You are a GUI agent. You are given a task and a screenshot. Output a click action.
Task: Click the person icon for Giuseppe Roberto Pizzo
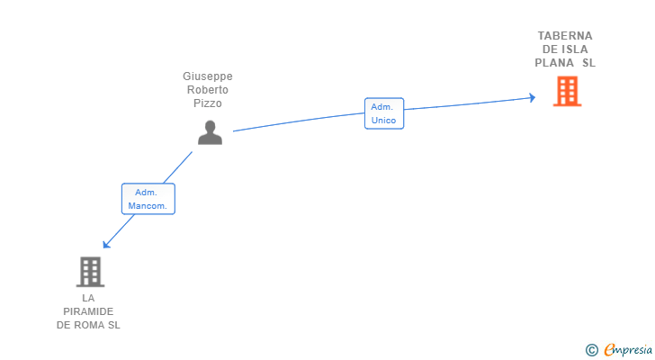point(210,131)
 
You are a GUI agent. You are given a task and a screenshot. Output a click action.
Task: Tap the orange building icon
point(567,91)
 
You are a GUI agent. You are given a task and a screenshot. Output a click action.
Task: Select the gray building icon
point(89,271)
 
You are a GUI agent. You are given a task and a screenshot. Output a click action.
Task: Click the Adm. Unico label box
point(384,113)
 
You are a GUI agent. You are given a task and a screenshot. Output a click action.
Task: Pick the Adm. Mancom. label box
point(148,199)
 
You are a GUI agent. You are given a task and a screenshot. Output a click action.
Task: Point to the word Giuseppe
point(207,76)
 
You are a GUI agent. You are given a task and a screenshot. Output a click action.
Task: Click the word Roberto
point(207,90)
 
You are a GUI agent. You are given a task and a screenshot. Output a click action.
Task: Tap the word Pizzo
point(207,103)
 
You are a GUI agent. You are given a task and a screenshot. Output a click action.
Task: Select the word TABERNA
point(565,36)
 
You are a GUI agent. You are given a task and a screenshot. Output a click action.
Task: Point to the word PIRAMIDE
point(88,311)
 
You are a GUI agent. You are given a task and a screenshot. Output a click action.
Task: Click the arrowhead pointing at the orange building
point(532,98)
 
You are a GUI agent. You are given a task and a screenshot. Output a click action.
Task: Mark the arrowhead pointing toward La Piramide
point(106,244)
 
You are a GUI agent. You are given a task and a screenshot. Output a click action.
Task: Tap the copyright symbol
point(591,350)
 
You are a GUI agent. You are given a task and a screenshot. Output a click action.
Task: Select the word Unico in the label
point(384,120)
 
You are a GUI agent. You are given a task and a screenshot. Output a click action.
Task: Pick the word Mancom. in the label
point(148,206)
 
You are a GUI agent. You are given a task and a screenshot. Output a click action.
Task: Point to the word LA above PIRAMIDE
point(88,298)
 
